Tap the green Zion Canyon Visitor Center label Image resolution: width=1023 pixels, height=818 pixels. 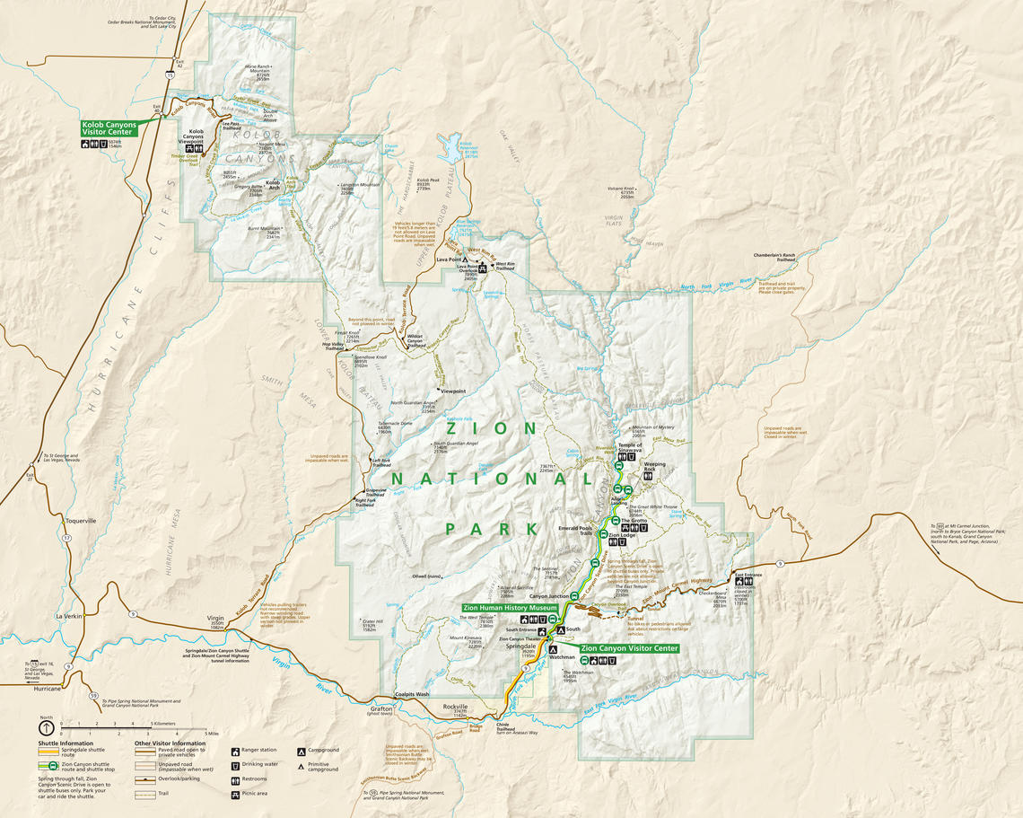[x=628, y=647]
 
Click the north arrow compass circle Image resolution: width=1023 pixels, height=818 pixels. [x=46, y=729]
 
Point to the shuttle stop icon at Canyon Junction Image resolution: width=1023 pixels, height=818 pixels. [x=574, y=595]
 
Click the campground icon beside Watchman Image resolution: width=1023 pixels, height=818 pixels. [x=554, y=648]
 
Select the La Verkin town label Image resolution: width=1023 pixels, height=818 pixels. [x=69, y=616]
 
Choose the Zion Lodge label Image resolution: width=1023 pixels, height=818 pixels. [x=622, y=534]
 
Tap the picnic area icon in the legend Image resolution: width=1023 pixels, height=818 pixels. [x=235, y=794]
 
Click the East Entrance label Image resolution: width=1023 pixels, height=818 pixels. [x=748, y=574]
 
